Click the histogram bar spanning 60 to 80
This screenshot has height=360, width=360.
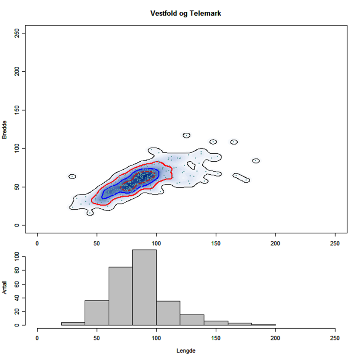pos(120,296)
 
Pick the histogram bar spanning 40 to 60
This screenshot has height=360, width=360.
pos(97,313)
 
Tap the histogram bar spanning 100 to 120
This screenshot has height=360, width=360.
pos(168,313)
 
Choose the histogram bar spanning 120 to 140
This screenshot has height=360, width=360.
pos(192,320)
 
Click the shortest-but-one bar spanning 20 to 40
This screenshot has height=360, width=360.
pos(73,324)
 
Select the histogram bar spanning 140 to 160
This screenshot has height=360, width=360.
pos(216,323)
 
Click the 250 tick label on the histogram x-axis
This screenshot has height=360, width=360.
pos(335,337)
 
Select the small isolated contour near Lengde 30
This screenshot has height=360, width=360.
pos(72,177)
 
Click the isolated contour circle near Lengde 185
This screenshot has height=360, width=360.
pos(256,161)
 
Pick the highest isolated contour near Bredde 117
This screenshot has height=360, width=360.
pos(186,135)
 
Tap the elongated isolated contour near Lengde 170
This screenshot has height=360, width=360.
pos(242,177)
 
